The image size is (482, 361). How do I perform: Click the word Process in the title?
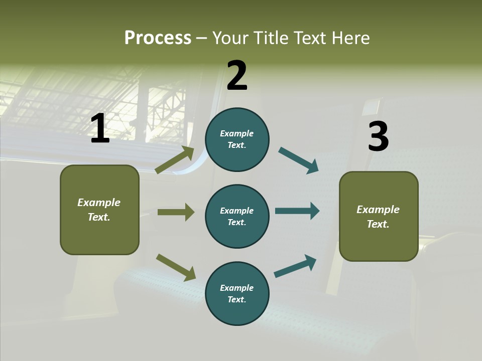tap(158, 38)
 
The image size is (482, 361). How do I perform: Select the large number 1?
tap(100, 129)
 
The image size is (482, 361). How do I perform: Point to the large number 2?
tap(237, 76)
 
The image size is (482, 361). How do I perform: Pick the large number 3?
tap(378, 137)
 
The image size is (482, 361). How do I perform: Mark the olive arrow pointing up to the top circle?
tap(175, 160)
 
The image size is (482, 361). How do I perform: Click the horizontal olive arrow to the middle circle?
tap(176, 212)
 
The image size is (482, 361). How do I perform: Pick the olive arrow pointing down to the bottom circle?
tap(176, 267)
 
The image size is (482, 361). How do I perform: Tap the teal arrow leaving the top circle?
tap(298, 160)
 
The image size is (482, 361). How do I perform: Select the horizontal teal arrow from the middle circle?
tap(297, 211)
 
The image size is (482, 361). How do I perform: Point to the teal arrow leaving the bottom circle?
tap(295, 266)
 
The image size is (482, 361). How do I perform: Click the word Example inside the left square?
tap(99, 203)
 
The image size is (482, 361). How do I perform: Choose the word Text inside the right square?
tap(378, 224)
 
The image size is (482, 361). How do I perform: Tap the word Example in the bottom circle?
tap(236, 288)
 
